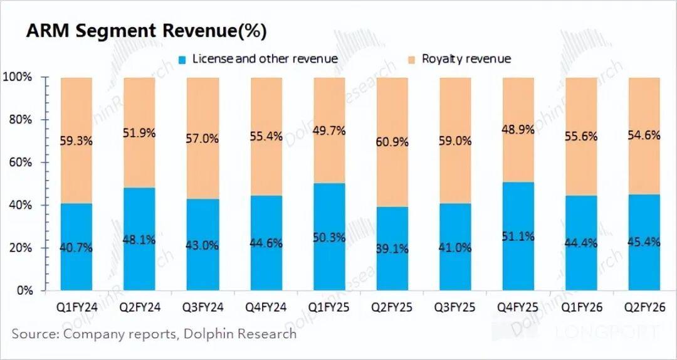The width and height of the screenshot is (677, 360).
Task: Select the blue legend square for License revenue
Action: pos(182,60)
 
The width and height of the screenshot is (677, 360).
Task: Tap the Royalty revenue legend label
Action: pos(466,59)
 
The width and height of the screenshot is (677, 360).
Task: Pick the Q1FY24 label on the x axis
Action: pos(76,308)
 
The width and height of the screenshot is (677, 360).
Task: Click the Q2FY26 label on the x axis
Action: pos(644,308)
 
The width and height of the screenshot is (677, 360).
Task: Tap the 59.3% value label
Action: pos(76,141)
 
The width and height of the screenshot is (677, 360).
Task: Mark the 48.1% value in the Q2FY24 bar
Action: pos(140,239)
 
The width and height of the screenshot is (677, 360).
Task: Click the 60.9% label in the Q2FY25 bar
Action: pos(392,142)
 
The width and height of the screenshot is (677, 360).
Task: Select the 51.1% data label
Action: pos(518,236)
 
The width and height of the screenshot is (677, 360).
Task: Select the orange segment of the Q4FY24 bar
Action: pos(266,107)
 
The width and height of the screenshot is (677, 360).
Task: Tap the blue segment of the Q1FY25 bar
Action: pos(329,270)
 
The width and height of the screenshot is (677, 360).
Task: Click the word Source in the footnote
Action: pos(34,334)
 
